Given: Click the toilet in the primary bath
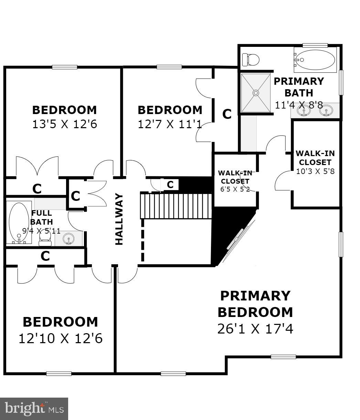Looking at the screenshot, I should tap(251, 60).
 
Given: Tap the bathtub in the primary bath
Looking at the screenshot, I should tap(315, 60).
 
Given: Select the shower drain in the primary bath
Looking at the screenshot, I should tap(256, 93).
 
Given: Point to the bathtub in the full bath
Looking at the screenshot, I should tap(19, 223).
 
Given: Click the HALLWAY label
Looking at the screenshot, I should tap(119, 219).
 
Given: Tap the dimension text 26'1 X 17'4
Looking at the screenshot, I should tap(255, 329).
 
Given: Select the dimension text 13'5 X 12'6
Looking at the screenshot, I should tap(65, 124).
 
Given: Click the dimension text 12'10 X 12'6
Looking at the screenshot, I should tap(61, 338).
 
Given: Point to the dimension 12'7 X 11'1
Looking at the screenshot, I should tap(170, 124).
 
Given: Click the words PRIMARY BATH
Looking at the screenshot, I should tap(298, 87).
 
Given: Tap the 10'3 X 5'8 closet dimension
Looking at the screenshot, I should tap(315, 171).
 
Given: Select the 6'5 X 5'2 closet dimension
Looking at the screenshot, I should tap(235, 189).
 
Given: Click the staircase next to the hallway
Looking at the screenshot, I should tap(176, 206).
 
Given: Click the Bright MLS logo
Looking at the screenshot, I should tap(34, 409).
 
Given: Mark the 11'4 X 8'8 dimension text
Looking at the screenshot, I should tap(299, 105).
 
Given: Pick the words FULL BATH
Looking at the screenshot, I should tap(42, 217).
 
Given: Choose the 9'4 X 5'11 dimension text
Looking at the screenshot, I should tap(41, 231).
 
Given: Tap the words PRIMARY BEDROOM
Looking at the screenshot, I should tap(255, 304).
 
